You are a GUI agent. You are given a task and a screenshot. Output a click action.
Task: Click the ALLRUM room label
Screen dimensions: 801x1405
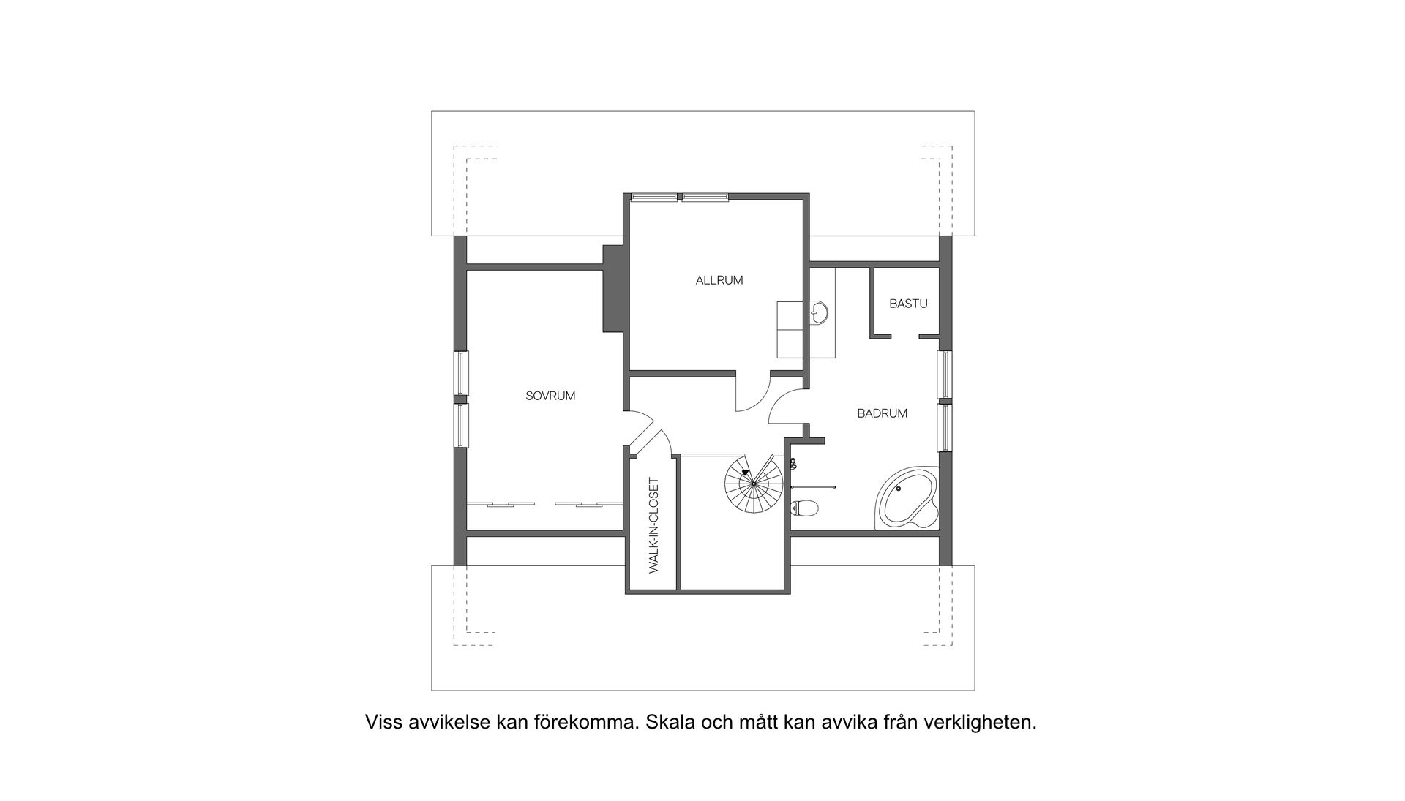(x=719, y=280)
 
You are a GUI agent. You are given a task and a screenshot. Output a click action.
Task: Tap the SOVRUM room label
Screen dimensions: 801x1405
(x=550, y=396)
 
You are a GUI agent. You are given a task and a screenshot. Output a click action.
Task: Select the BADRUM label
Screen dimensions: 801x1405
(x=882, y=413)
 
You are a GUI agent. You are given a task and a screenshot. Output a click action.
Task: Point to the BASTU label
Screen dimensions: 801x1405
(x=908, y=304)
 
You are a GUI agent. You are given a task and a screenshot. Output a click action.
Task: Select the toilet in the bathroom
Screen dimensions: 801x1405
(x=805, y=507)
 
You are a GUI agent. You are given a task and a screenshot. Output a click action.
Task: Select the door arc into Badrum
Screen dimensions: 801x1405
(x=784, y=407)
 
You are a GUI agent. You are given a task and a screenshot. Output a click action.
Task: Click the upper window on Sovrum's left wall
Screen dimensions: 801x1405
(x=462, y=372)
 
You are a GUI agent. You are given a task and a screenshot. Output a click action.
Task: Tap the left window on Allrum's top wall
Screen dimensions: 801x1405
(x=653, y=196)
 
